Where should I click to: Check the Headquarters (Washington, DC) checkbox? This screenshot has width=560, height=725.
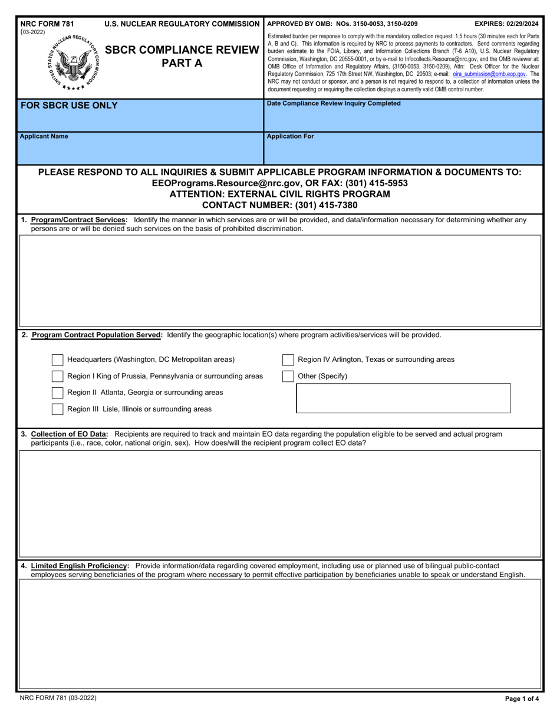tap(57, 360)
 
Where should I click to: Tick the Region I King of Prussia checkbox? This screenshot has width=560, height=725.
tap(57, 376)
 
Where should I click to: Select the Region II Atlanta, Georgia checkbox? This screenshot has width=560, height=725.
tap(57, 393)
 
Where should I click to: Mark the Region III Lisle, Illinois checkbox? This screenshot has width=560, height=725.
tap(57, 409)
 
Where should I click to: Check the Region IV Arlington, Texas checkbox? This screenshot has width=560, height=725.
tap(288, 360)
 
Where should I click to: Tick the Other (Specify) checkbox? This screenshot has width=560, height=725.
tap(288, 376)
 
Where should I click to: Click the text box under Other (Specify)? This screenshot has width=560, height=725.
tap(403, 398)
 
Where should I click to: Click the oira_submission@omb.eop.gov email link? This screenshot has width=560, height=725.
tap(489, 75)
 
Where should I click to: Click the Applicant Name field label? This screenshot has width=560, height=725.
tap(44, 137)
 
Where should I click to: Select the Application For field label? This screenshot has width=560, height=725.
tap(291, 137)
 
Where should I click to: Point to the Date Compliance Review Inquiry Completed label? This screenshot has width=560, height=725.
tap(334, 104)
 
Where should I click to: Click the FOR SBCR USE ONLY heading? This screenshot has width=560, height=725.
tap(69, 106)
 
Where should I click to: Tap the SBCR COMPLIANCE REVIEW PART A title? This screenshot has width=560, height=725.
tap(182, 57)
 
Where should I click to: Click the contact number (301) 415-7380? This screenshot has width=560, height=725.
tap(279, 205)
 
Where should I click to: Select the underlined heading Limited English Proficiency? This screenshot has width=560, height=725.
tap(80, 566)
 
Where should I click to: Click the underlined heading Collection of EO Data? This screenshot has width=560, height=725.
tap(69, 434)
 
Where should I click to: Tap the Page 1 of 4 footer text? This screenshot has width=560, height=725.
tap(522, 699)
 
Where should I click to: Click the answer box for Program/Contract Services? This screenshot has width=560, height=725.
tap(280, 281)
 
